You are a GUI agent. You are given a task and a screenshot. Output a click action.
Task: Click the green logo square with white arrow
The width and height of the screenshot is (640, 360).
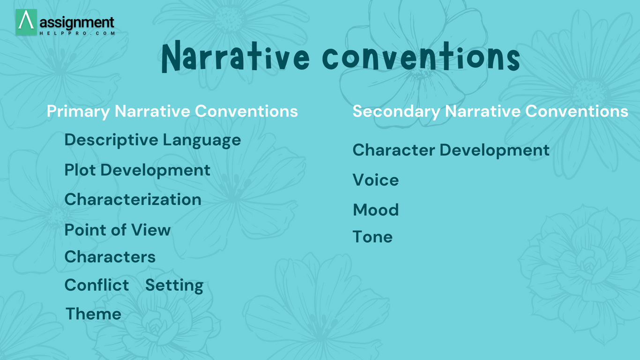tap(26, 22)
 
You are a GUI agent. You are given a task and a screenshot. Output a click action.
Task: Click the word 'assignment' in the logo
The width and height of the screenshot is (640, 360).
tap(77, 22)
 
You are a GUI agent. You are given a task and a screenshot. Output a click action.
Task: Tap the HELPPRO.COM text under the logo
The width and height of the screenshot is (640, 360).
tap(77, 33)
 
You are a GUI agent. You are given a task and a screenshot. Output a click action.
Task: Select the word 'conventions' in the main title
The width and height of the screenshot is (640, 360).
tap(421, 57)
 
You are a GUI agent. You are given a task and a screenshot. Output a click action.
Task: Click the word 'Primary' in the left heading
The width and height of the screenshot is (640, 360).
tap(78, 112)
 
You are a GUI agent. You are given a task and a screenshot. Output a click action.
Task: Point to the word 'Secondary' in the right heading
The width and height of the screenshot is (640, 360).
tap(396, 112)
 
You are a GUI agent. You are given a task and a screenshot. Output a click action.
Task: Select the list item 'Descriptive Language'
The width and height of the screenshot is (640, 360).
tap(153, 141)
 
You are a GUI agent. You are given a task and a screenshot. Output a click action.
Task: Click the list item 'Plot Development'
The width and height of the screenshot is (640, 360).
tap(137, 171)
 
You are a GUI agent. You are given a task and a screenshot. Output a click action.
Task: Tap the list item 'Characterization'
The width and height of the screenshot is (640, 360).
tap(133, 199)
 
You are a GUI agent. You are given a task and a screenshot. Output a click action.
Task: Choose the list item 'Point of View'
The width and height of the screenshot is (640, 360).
tap(118, 230)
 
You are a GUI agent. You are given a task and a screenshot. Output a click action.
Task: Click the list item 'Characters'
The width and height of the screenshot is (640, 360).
tap(110, 257)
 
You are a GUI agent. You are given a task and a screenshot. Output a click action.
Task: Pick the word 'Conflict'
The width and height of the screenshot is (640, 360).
tap(97, 285)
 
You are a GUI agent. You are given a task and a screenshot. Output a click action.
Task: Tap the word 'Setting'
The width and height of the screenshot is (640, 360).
tap(174, 285)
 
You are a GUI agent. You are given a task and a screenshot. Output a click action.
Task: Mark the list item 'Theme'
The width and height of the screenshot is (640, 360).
tap(93, 314)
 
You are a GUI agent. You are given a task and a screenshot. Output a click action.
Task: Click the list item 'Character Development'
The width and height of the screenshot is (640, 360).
tap(451, 150)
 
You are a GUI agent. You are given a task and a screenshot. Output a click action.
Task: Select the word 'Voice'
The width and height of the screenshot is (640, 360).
tap(376, 180)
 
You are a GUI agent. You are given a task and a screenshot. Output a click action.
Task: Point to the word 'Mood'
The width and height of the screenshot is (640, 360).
tap(376, 210)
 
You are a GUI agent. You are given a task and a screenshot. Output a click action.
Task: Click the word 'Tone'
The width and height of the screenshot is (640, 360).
tap(372, 237)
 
